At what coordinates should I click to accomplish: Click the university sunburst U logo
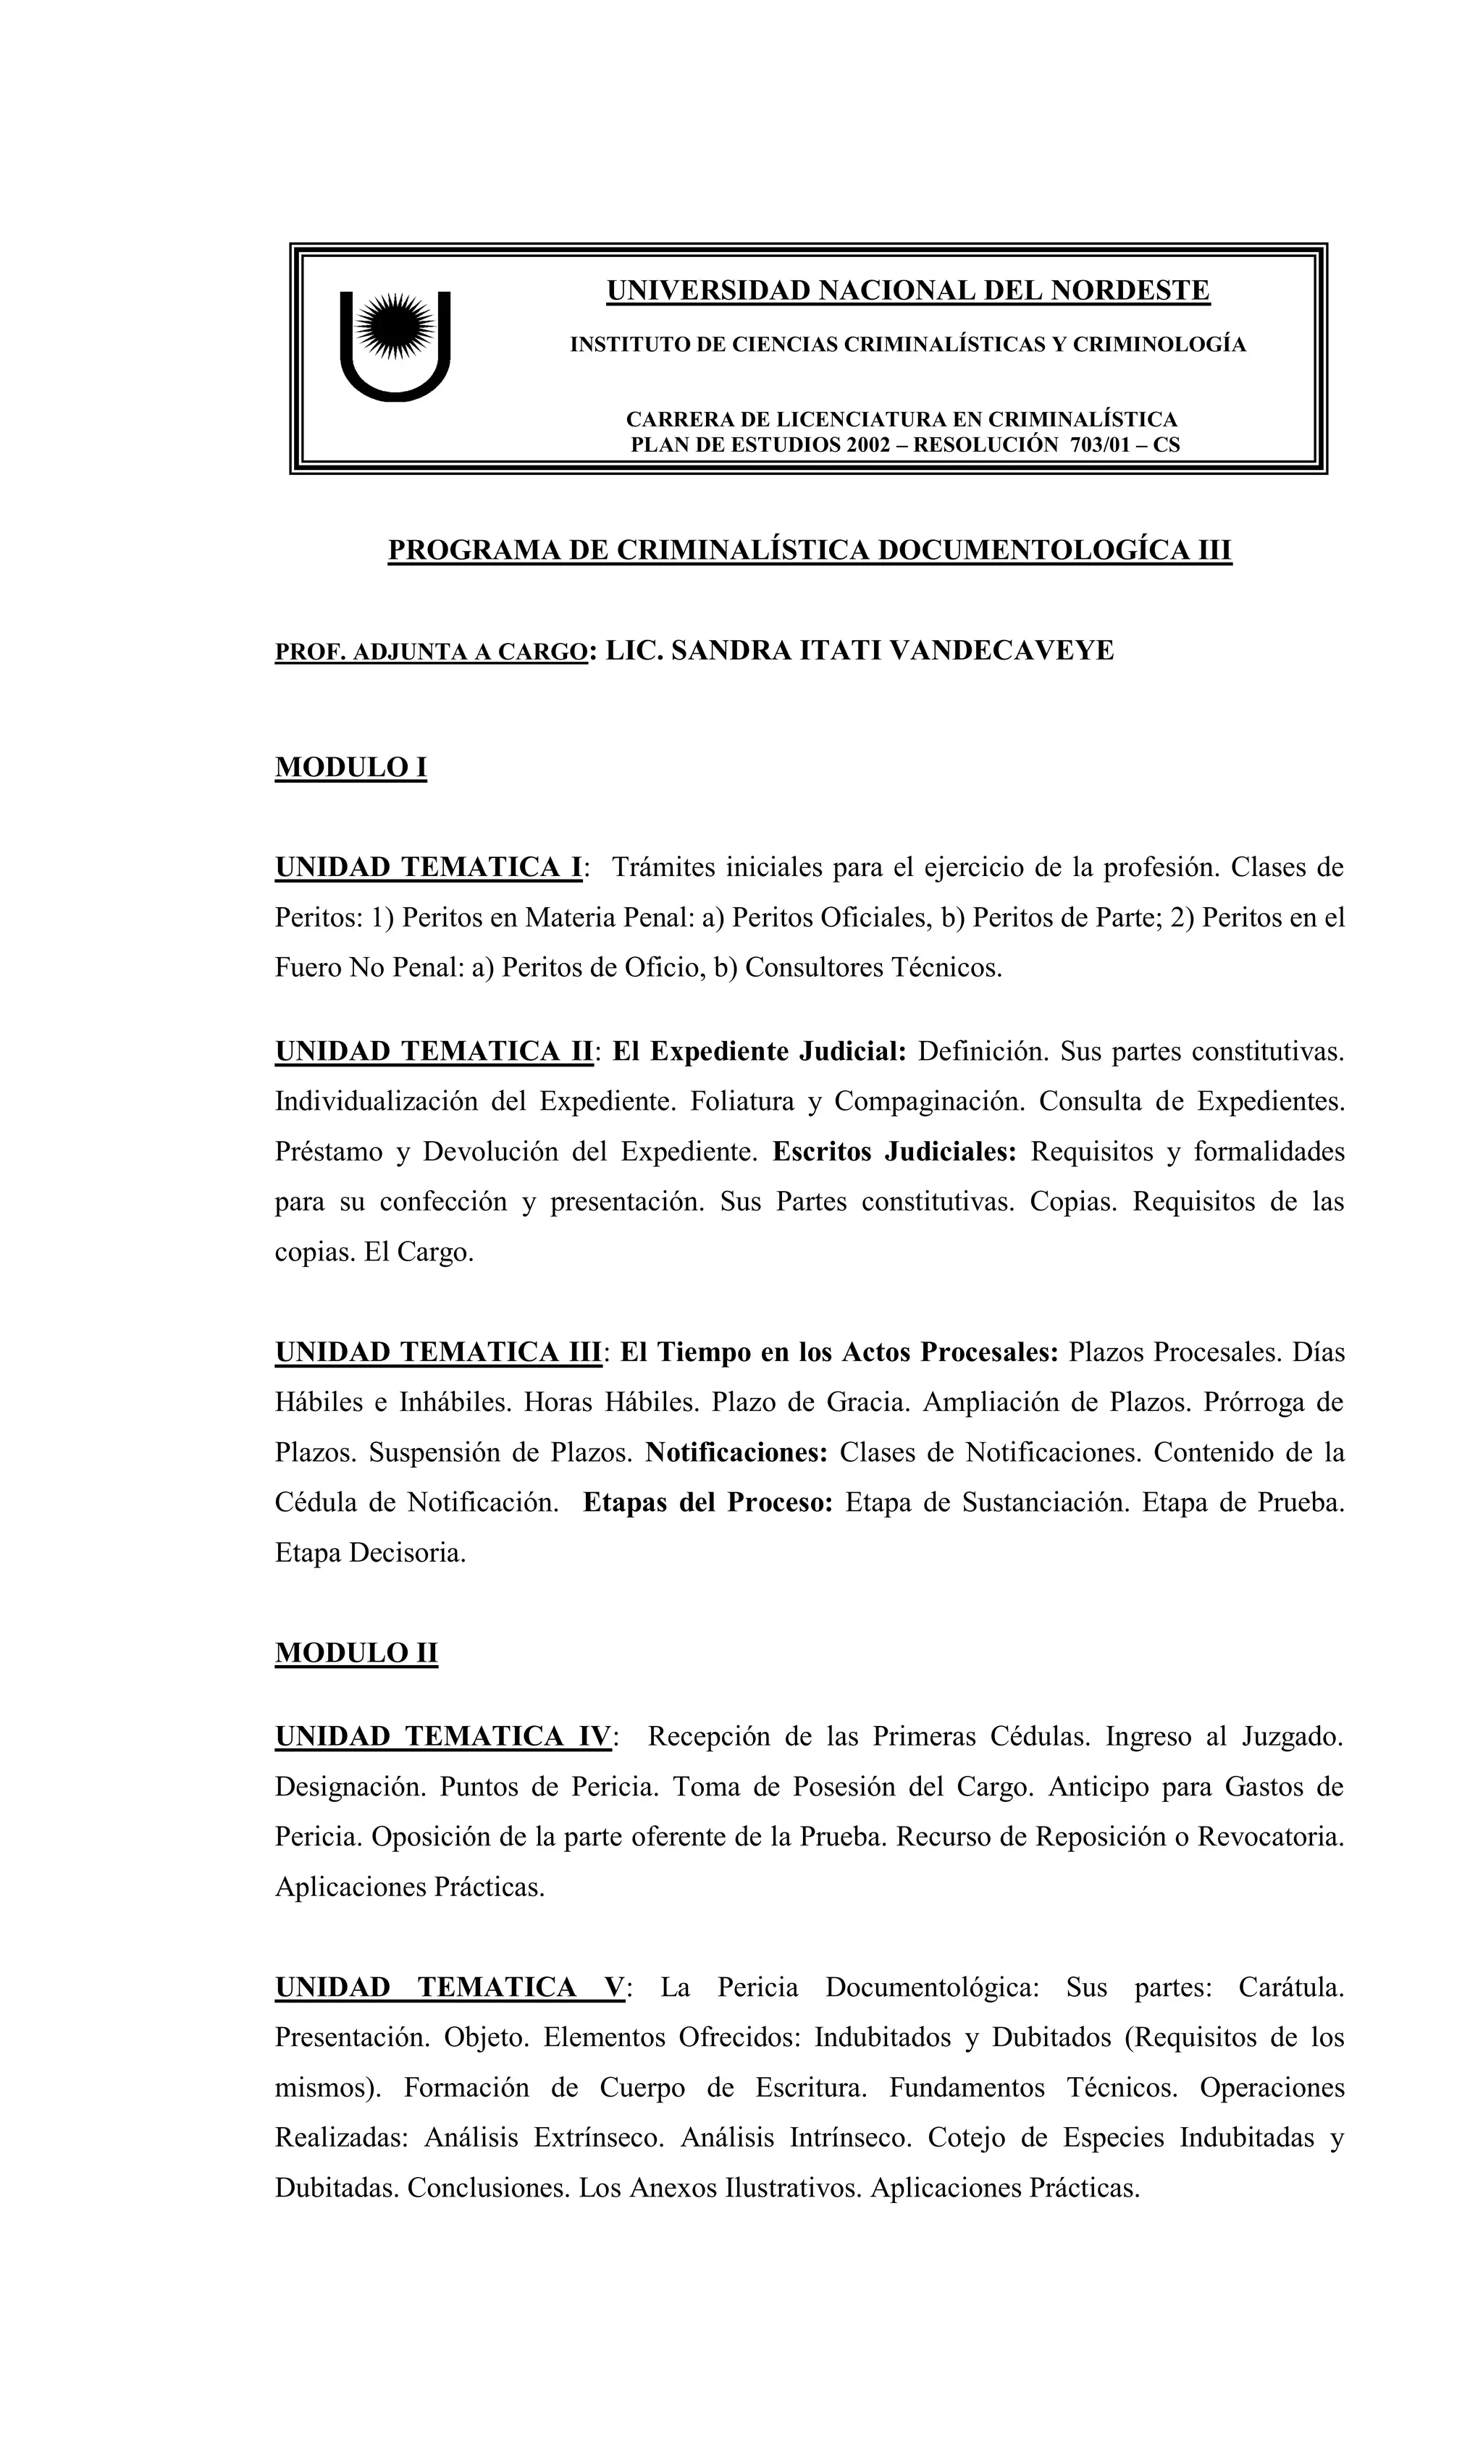coord(395,344)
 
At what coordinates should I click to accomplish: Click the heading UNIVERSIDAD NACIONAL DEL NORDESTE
coord(907,290)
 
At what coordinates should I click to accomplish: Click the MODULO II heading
coord(356,1652)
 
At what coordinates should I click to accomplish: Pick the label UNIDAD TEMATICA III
coord(438,1352)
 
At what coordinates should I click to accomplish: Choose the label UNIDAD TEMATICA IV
coord(444,1736)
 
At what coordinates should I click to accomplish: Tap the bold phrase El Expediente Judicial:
coord(760,1051)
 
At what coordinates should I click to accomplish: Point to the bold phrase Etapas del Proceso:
coord(707,1502)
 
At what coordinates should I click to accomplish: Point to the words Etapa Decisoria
coord(370,1552)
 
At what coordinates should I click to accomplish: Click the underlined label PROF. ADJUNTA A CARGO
coord(430,653)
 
